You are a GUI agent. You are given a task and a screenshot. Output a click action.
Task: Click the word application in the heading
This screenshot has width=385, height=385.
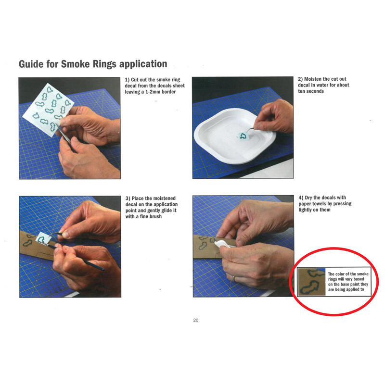coord(143,64)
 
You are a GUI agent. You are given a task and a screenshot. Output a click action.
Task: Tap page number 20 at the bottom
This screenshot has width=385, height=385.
coord(196,320)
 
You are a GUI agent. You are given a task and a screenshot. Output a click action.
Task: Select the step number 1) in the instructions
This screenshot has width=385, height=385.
coord(127,80)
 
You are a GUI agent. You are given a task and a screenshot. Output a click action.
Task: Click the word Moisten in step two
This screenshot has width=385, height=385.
coord(313,79)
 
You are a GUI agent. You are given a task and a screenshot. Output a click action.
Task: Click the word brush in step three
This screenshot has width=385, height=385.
coord(155,217)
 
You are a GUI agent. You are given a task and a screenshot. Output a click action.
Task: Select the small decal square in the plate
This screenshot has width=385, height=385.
coord(243,136)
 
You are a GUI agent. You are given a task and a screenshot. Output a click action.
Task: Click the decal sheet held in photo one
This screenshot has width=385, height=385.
coord(48,110)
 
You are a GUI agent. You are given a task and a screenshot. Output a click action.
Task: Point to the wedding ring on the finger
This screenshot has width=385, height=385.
coord(234,278)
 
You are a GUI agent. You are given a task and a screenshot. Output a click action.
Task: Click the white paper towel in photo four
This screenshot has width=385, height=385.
coord(222,244)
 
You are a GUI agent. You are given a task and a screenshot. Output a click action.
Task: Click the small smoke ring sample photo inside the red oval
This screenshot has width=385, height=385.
coord(311,282)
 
